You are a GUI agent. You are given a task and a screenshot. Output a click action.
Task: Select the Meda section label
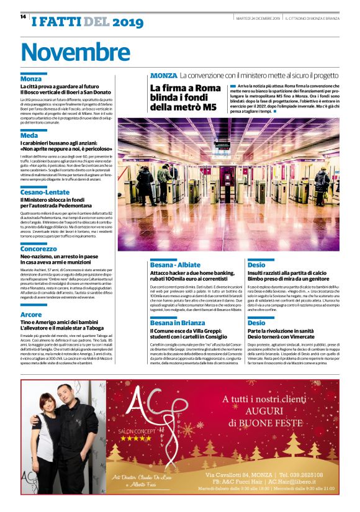coord(29,135)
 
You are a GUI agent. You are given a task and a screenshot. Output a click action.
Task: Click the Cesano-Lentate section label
coord(47,192)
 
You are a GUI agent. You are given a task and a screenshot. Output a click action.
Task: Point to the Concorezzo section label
coord(38,248)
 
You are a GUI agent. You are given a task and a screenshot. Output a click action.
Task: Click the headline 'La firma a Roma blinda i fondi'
coord(186,97)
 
